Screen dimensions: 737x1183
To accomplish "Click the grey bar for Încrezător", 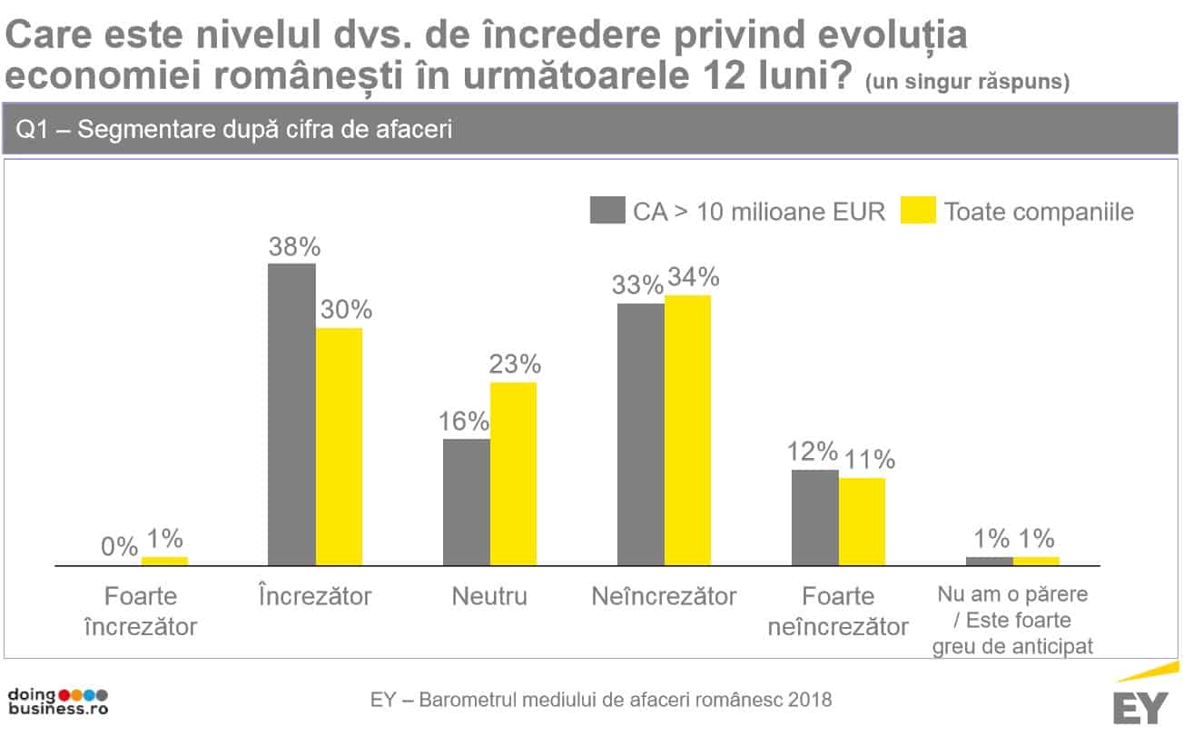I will point(291,414).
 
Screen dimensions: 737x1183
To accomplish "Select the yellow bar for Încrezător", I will point(339,446).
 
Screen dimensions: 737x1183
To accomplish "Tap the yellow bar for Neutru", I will point(513,473).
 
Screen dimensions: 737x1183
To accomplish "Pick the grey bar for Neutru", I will point(467,503).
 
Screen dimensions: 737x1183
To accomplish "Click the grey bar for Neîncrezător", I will point(641,434).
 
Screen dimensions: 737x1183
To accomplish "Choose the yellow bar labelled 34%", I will point(687,430).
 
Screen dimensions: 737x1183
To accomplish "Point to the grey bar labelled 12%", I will point(815,518).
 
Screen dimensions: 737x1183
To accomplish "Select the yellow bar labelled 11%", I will point(862,522).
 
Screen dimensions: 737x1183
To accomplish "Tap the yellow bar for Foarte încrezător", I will point(164,561).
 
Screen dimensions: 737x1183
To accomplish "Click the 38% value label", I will point(291,247).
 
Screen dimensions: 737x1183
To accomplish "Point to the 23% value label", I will point(514,364).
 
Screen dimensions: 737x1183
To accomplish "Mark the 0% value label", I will point(118,547).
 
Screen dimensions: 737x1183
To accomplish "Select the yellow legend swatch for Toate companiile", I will point(917,211).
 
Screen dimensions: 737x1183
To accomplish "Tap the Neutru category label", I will point(489,597).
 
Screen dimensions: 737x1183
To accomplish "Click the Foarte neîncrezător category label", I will point(838,612).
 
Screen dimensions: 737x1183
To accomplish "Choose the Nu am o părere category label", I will point(1012,621).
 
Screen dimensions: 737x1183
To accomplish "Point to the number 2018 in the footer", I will point(810,701).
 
